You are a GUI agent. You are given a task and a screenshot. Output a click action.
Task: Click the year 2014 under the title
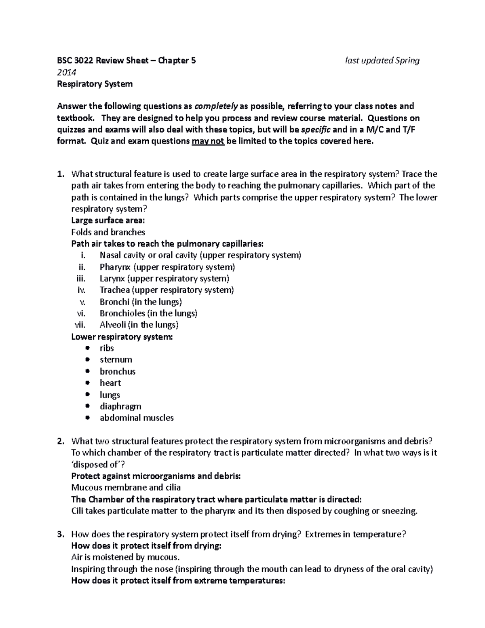[x=66, y=72]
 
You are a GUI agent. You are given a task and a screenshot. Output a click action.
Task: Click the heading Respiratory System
[x=95, y=84]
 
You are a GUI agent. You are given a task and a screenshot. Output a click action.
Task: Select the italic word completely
[x=216, y=106]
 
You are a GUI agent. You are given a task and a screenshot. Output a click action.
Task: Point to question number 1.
[x=60, y=174]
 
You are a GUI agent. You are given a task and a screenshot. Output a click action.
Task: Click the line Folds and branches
[x=108, y=233]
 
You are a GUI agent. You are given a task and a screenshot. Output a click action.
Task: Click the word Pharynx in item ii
[x=115, y=267]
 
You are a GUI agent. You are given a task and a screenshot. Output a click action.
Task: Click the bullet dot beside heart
[x=88, y=383]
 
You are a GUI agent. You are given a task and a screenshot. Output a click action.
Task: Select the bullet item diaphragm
[x=120, y=406]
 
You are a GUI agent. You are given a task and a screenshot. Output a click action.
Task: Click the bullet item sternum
[x=116, y=360]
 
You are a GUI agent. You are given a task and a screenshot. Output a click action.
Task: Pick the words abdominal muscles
[x=137, y=418]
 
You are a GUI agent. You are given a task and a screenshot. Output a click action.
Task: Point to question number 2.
[x=60, y=442]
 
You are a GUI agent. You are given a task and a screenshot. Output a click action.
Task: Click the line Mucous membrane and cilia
[x=126, y=488]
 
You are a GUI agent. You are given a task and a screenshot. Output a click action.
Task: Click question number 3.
[x=60, y=535]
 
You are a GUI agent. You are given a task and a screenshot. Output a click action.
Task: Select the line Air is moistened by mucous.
[x=125, y=558]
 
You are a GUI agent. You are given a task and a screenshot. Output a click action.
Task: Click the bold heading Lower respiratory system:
[x=122, y=337]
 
